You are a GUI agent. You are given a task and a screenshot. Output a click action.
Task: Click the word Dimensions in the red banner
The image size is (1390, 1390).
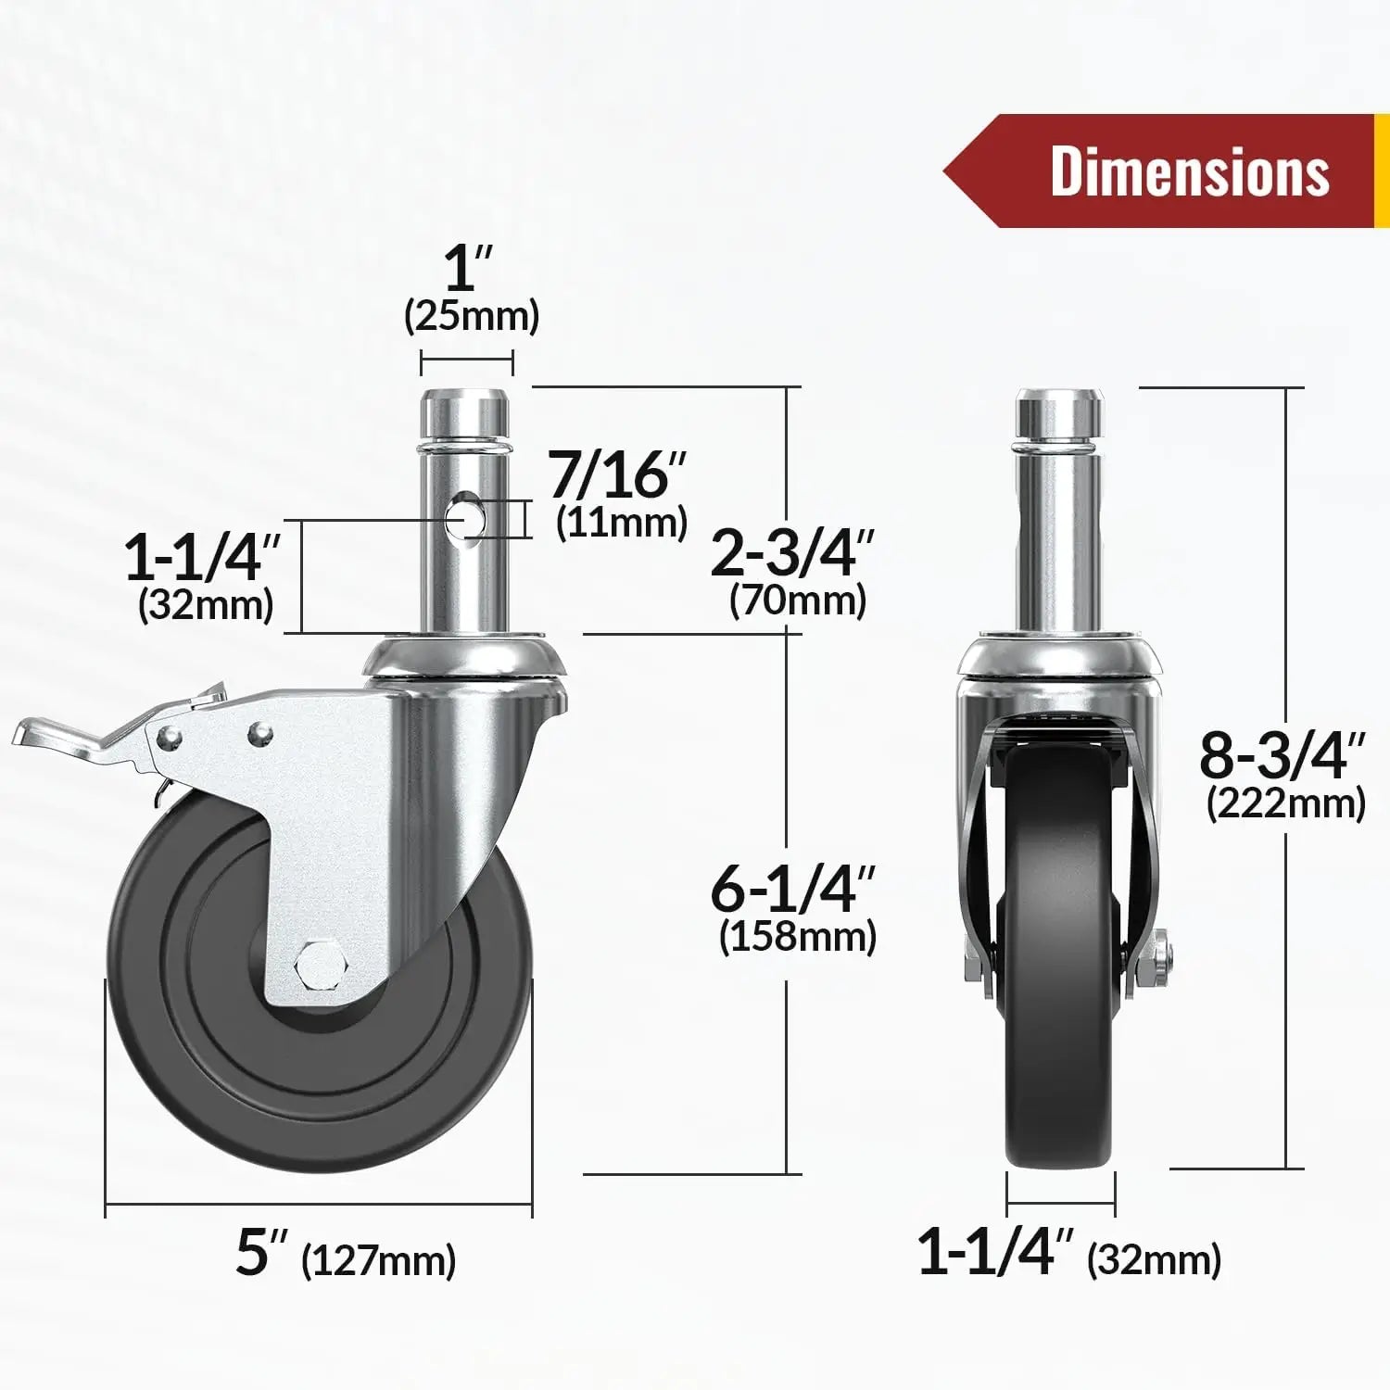[1189, 171]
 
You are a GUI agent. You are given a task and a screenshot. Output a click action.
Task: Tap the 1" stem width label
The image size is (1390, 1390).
[468, 268]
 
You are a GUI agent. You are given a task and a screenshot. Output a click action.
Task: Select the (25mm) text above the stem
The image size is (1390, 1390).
[472, 316]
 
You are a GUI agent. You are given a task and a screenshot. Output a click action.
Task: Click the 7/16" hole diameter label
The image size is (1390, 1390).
[618, 474]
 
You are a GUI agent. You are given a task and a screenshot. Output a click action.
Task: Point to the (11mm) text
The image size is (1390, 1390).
[622, 523]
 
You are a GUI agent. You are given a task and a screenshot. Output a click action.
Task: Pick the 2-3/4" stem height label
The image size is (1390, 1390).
[792, 554]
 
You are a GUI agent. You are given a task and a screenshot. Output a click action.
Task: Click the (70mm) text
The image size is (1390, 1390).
[797, 600]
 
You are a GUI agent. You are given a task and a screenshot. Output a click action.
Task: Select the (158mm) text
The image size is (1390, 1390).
[797, 936]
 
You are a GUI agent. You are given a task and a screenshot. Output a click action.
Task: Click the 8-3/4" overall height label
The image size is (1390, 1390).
[1283, 755]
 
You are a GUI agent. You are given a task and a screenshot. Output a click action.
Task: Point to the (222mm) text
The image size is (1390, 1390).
[1286, 803]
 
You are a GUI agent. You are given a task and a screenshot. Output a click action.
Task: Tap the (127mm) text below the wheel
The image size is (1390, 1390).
[379, 1260]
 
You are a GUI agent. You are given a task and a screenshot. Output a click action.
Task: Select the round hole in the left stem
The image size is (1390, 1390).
[461, 518]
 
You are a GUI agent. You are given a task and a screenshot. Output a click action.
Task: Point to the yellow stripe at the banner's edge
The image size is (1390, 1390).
[1381, 171]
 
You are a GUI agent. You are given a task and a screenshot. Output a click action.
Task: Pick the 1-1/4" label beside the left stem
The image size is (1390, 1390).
[201, 558]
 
